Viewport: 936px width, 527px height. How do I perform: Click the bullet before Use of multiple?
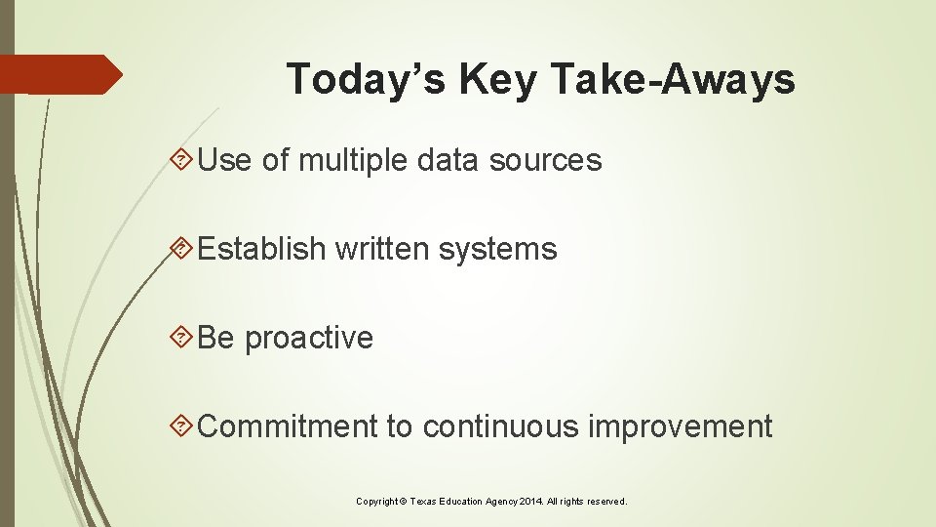point(180,160)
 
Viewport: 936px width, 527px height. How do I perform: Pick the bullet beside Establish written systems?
point(180,249)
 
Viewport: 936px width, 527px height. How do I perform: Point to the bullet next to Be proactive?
point(180,338)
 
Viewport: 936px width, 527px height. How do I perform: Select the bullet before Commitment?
point(180,426)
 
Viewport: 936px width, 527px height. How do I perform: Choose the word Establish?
point(261,249)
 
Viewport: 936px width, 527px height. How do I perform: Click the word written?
point(382,249)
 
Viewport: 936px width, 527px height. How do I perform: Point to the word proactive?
point(308,339)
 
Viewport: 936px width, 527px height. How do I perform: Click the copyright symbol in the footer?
point(404,502)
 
